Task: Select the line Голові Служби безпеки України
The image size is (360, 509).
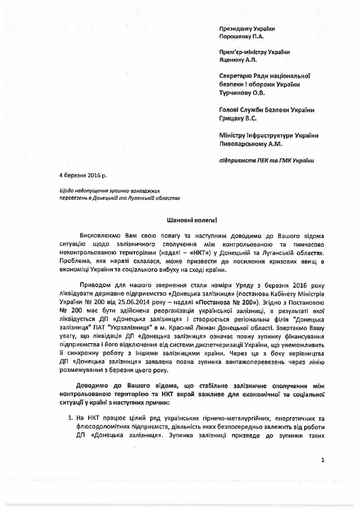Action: (266, 110)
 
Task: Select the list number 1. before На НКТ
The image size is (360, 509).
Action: (64, 418)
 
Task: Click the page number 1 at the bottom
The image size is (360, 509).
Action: (323, 461)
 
